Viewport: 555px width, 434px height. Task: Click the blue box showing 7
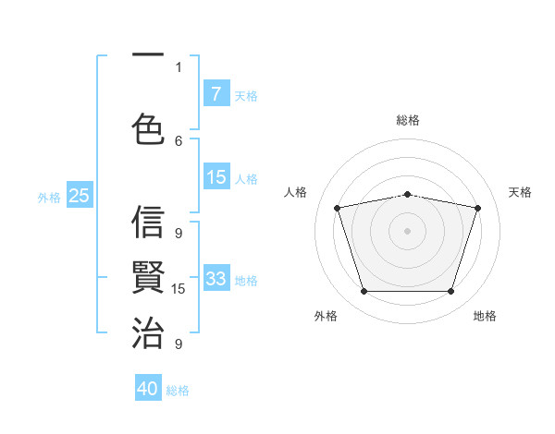click(x=216, y=93)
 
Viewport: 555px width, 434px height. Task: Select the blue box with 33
click(x=216, y=279)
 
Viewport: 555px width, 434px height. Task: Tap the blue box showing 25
click(x=80, y=195)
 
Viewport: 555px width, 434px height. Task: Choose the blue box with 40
click(x=148, y=389)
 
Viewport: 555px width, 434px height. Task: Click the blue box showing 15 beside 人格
click(x=216, y=177)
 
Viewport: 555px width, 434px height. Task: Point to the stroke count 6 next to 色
click(x=179, y=140)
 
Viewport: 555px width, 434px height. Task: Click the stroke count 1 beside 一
click(x=179, y=66)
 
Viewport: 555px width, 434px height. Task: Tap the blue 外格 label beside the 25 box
click(x=50, y=197)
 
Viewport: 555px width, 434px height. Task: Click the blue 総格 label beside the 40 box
click(x=178, y=391)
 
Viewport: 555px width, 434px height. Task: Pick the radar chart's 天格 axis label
click(x=520, y=192)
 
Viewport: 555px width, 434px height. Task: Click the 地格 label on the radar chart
click(x=485, y=316)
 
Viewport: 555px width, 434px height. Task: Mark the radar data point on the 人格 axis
click(x=338, y=208)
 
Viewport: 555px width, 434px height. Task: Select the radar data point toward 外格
click(x=364, y=292)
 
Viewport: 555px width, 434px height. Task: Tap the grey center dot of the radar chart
click(x=407, y=230)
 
